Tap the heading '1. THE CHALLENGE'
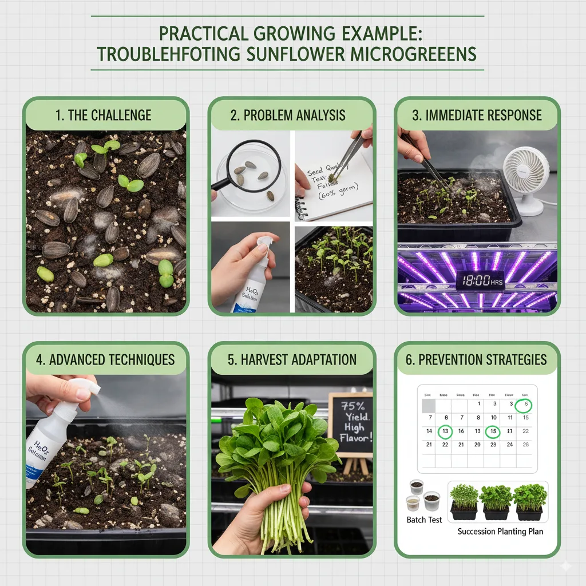(x=104, y=115)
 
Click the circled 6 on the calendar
(x=524, y=405)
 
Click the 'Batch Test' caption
(x=424, y=520)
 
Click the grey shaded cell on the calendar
(x=429, y=405)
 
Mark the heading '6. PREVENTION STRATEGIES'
(x=476, y=360)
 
